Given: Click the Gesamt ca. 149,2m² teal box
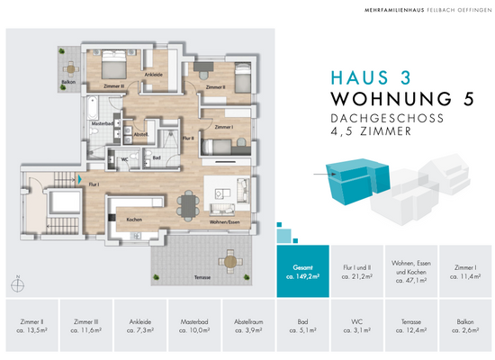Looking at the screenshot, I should (300, 270).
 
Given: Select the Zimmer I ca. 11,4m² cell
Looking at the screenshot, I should (465, 270).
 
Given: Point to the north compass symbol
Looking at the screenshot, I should (17, 285).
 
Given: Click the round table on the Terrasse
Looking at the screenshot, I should (229, 261).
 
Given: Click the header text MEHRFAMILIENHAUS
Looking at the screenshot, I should (369, 10).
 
